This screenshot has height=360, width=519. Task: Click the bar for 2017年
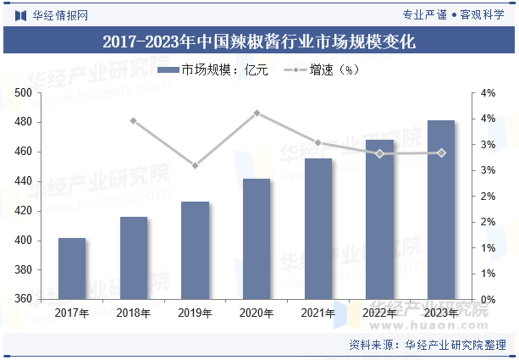(x=72, y=269)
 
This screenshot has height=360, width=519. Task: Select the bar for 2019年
(x=195, y=251)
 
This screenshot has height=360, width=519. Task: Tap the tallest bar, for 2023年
(x=441, y=210)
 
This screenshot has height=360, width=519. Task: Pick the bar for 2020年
(x=257, y=239)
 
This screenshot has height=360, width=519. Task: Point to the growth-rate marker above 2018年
(x=133, y=120)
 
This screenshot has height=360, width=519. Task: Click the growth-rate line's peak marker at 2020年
(x=257, y=113)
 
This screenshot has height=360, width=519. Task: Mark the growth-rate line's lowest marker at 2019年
(x=195, y=165)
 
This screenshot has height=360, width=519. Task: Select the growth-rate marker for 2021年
(x=318, y=142)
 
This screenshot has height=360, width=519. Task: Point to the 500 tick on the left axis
(x=23, y=93)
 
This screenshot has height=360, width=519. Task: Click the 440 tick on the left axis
(x=23, y=181)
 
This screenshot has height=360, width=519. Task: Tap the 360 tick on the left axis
(x=23, y=300)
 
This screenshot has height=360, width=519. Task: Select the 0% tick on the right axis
(x=489, y=300)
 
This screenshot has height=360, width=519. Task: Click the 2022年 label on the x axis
(x=379, y=313)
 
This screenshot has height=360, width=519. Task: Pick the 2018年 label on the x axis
(x=133, y=313)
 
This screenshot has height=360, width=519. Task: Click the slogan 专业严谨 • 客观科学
(x=454, y=14)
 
